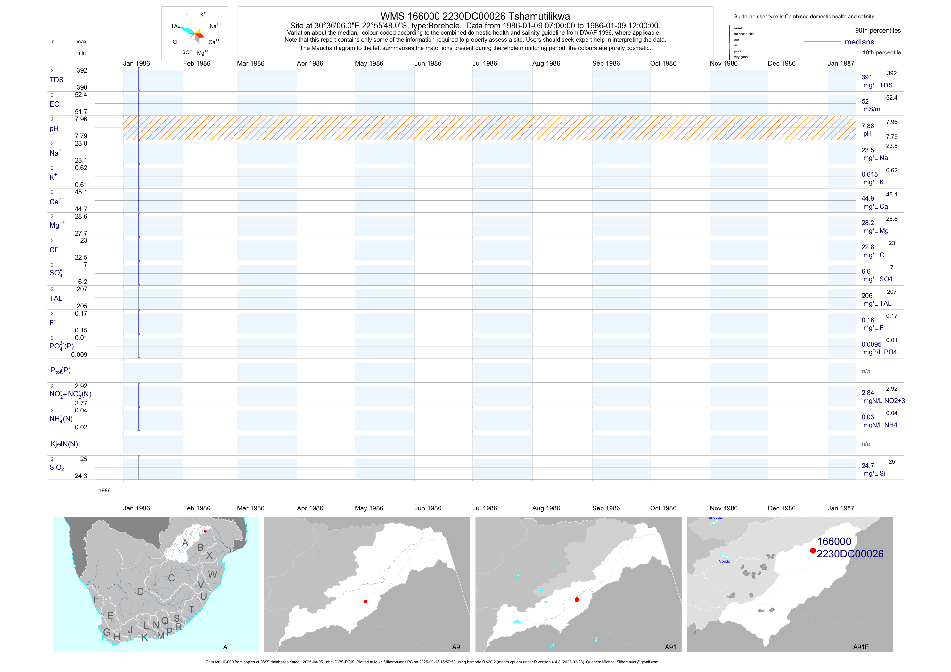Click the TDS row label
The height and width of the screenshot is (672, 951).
tap(56, 80)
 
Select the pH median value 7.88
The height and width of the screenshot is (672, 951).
tap(867, 126)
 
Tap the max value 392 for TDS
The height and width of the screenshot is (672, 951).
tap(82, 70)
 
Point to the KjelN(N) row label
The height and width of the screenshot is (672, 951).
tap(64, 444)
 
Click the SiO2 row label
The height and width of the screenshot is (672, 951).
tap(57, 468)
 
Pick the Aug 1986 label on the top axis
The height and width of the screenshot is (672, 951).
tap(546, 63)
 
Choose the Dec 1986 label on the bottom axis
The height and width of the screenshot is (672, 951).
tap(781, 508)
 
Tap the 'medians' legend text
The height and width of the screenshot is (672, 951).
tap(859, 42)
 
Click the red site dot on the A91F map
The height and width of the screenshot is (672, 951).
tap(813, 551)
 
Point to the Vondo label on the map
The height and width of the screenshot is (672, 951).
tap(725, 561)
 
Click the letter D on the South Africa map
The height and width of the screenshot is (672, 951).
tap(140, 592)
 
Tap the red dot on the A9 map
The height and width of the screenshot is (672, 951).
tap(365, 601)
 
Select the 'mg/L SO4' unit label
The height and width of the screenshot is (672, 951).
tap(877, 279)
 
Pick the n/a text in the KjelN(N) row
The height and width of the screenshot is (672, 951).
tap(866, 444)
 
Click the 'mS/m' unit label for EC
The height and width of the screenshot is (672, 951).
tap(872, 109)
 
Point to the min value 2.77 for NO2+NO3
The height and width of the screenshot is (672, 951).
tap(81, 403)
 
